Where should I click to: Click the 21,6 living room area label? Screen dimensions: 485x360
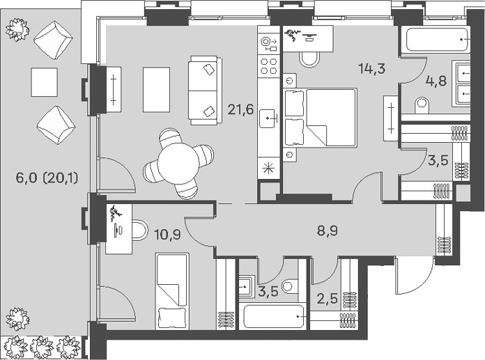coord(240,109)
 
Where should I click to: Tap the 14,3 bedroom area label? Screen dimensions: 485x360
coord(372,68)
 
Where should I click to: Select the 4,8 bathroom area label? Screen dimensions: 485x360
coord(436,81)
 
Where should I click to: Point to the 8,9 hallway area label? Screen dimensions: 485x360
coord(328,231)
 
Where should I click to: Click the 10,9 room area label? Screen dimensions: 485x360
coord(167,235)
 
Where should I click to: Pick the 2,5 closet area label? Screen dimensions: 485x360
coord(327,299)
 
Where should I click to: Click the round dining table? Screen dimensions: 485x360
coord(178,164)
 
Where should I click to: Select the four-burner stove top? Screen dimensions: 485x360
coord(269,66)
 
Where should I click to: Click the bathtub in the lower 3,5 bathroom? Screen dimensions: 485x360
coord(273,316)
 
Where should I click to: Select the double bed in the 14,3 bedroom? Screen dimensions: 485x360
coord(320,117)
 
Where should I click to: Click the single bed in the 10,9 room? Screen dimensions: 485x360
coord(172,291)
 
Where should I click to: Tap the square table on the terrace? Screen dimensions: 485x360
coord(44,82)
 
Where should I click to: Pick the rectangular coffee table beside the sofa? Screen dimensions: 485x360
coord(156,90)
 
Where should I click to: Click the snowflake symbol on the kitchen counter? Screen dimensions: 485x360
coord(268,169)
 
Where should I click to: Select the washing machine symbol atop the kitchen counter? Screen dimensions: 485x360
coord(269,44)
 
